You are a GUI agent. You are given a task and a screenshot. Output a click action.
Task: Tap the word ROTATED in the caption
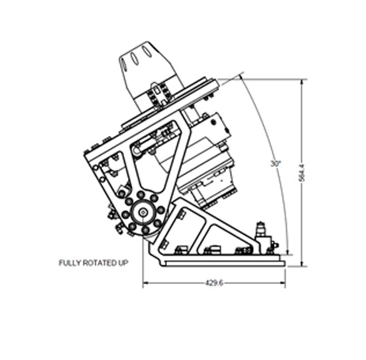coord(99,263)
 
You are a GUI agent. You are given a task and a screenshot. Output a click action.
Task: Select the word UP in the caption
coord(123,263)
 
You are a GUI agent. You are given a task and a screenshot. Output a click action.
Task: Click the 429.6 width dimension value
coord(214,283)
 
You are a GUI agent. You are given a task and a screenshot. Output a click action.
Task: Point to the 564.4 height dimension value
coord(302,172)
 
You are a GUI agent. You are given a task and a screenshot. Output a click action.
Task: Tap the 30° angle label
coord(276,164)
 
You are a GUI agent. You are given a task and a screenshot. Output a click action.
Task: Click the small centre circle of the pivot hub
coord(143,212)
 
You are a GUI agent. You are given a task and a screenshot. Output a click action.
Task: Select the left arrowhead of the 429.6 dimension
coord(145,283)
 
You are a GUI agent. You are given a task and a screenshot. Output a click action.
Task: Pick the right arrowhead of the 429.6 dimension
coord(283,283)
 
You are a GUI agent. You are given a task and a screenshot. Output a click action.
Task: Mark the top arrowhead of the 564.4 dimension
coord(302,81)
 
